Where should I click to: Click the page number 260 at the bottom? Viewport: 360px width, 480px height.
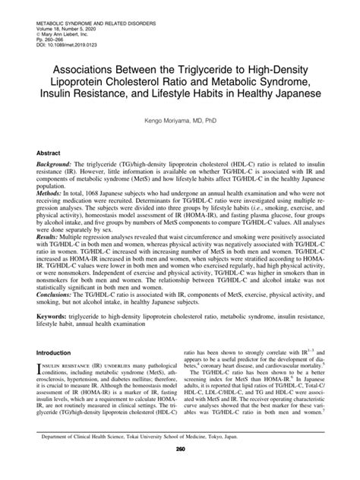pos(181,470)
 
